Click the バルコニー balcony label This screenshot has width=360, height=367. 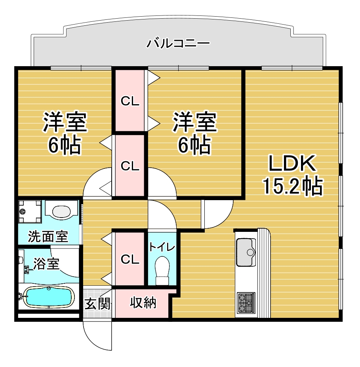coord(178,44)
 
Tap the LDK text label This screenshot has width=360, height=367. coord(292,164)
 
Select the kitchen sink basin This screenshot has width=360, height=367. coord(246,252)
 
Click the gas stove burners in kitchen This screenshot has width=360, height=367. coord(246,303)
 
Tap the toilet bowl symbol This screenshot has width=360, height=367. coord(162,270)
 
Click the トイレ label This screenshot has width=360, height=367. coord(162,247)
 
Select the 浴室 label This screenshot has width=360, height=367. coord(46,264)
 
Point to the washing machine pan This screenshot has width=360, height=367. coord(30,212)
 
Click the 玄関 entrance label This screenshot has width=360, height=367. coord(97,304)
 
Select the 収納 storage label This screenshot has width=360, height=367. coord(143,303)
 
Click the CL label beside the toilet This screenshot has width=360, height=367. coord(130,259)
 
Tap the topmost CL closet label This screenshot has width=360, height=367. coord(130,101)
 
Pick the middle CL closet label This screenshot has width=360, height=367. coord(130,166)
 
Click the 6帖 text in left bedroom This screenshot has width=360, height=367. coord(64,145)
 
